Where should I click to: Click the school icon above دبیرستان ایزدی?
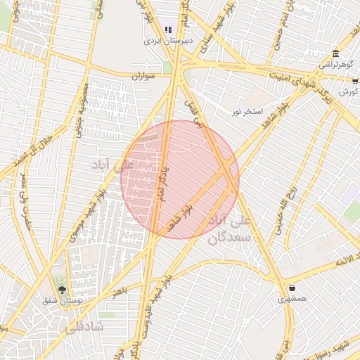(167, 30)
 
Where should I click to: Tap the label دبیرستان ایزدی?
(164, 41)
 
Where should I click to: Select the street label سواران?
(143, 75)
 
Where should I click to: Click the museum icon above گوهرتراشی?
(335, 55)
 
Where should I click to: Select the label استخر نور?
(248, 112)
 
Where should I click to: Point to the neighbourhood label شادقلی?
(84, 327)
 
